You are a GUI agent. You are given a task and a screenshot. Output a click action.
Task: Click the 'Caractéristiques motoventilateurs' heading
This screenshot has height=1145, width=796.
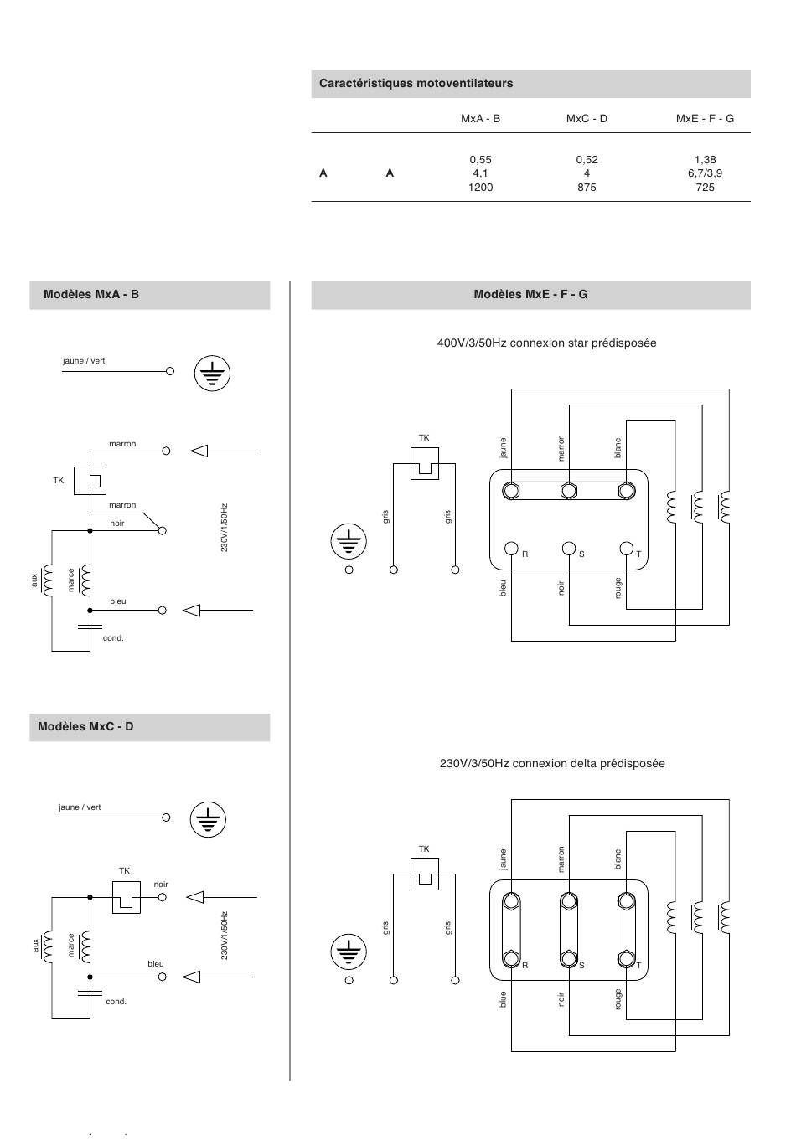click(416, 83)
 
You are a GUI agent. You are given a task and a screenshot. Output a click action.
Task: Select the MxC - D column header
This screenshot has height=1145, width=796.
click(587, 119)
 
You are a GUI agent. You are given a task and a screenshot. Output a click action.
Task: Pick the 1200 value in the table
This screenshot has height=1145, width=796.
click(480, 188)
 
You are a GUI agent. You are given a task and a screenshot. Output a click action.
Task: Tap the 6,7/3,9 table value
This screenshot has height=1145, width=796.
click(705, 173)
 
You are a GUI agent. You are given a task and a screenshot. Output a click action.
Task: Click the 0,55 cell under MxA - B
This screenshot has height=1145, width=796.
click(480, 160)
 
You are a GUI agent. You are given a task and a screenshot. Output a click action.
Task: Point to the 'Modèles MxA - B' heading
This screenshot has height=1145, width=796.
click(91, 295)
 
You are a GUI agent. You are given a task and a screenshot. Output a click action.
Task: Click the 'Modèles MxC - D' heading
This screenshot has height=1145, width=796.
click(85, 726)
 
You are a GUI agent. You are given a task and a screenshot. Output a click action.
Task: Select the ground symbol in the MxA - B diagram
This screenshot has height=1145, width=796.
click(212, 373)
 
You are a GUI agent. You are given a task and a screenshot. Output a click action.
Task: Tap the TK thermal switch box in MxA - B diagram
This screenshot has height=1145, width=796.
click(90, 481)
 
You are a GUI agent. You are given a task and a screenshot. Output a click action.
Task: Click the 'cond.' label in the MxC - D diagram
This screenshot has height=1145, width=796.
click(116, 1002)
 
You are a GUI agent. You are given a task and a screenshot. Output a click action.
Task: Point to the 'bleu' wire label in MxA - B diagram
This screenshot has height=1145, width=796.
click(117, 601)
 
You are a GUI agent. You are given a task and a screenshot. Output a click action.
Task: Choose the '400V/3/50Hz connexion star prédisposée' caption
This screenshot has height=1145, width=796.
click(546, 343)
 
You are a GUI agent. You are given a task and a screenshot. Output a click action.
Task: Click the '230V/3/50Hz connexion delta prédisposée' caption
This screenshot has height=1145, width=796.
click(552, 764)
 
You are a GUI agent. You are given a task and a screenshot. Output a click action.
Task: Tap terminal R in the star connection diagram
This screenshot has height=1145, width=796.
click(511, 549)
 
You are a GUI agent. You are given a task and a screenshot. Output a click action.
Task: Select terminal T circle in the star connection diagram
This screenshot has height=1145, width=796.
click(626, 549)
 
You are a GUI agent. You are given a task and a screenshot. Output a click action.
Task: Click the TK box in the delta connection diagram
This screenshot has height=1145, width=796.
click(424, 874)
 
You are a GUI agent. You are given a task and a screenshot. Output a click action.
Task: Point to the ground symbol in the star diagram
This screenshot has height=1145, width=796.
click(349, 541)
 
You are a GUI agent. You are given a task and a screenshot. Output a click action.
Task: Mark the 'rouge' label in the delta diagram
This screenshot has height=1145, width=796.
click(618, 1000)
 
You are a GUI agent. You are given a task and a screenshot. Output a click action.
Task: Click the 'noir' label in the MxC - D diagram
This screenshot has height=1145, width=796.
click(161, 885)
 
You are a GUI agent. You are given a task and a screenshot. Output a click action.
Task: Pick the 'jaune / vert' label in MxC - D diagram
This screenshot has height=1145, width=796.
click(80, 807)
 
